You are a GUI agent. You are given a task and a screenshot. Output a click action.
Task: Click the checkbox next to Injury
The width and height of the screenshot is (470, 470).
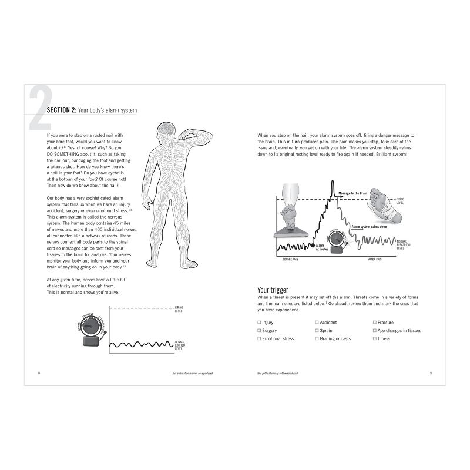point(259,323)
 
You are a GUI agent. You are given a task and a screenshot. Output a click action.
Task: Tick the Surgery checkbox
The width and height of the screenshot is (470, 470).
point(259,331)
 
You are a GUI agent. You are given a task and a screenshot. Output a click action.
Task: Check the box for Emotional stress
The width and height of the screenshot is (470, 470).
point(259,339)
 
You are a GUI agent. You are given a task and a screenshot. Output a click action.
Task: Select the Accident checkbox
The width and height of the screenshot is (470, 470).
point(317,323)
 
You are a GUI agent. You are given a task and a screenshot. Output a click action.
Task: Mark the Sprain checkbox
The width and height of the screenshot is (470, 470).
point(317,331)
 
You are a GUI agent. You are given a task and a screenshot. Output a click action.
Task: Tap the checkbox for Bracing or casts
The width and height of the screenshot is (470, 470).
point(317,339)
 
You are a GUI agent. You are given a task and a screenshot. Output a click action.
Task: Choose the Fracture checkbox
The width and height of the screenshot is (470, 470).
point(374,323)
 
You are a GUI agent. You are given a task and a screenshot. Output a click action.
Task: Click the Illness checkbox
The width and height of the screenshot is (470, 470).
point(374,339)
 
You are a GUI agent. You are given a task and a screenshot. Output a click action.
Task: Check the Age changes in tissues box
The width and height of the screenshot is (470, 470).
point(374,331)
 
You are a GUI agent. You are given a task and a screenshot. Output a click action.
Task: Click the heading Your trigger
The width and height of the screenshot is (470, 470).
point(274,290)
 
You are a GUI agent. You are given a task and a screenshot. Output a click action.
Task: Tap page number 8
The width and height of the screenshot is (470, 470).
point(39,373)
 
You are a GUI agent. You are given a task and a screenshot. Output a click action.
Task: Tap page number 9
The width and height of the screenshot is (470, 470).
point(431,373)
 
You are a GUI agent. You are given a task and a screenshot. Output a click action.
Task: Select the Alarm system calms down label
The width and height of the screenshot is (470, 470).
point(370,226)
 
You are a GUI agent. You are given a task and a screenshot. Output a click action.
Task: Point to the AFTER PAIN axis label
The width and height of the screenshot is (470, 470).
point(377,259)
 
